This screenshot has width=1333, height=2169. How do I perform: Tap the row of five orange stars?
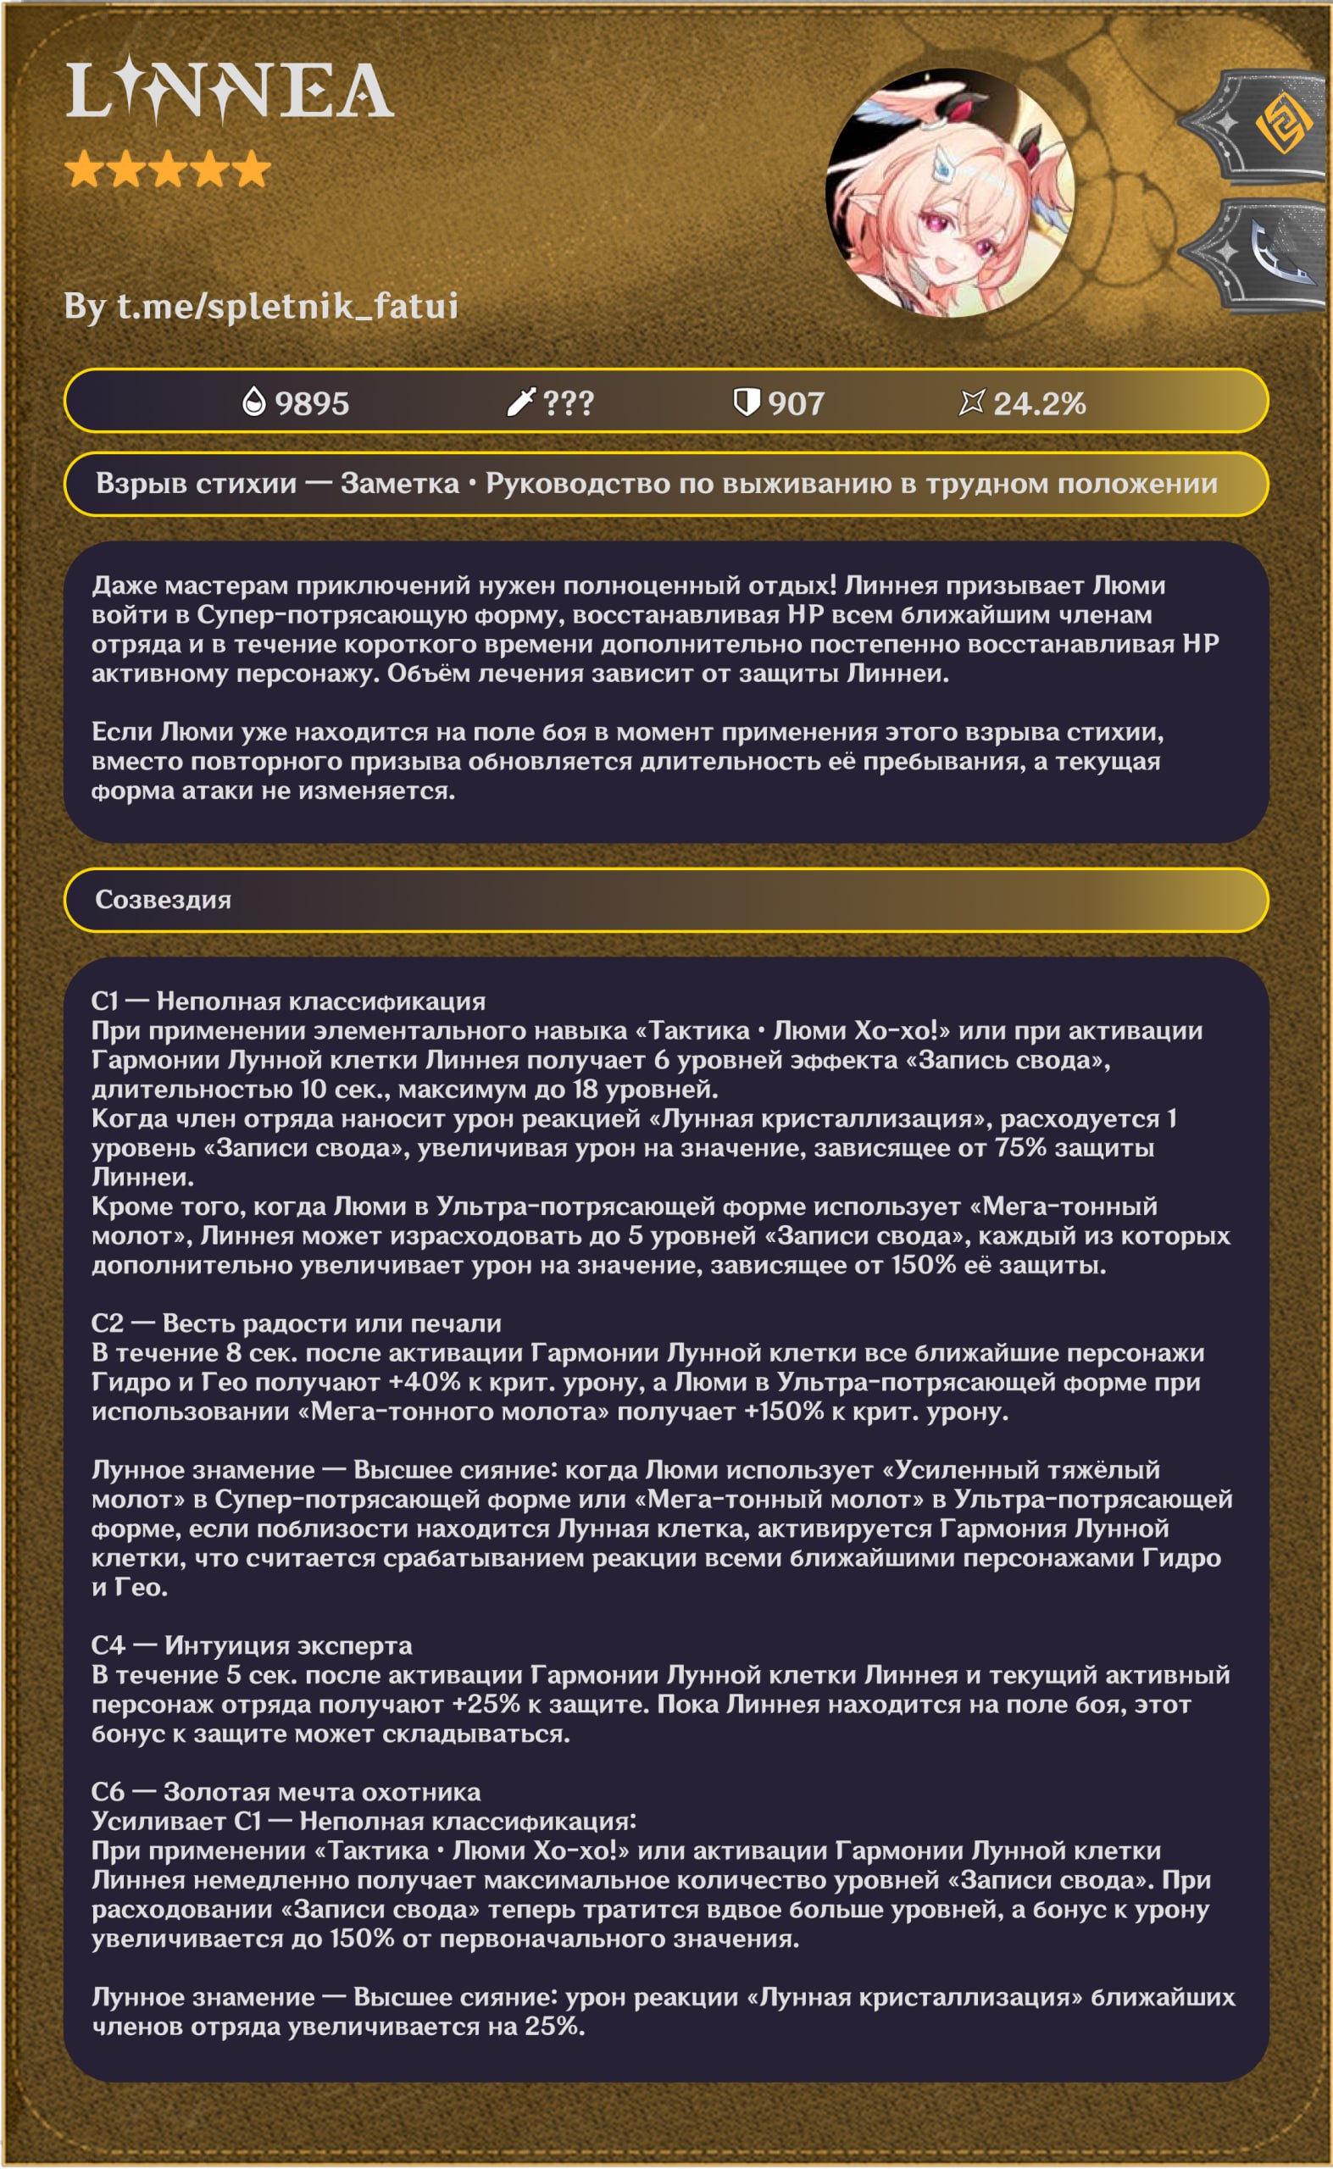[168, 169]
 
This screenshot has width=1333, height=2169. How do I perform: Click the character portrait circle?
[949, 193]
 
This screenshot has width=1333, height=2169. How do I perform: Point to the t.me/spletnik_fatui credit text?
[261, 307]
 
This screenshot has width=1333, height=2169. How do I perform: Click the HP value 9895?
[312, 403]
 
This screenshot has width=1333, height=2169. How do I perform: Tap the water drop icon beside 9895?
[254, 402]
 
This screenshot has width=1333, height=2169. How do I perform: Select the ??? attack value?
[568, 403]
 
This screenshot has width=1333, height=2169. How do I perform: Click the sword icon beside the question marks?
[520, 402]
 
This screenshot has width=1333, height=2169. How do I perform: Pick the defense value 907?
[795, 403]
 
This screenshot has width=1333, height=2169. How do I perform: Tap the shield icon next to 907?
[746, 402]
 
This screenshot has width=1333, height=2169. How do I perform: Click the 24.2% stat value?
[1039, 403]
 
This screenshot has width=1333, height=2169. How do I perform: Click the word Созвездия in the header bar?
[163, 900]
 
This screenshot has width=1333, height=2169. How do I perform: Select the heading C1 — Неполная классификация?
[288, 1001]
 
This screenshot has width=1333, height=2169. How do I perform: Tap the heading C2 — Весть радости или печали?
[297, 1323]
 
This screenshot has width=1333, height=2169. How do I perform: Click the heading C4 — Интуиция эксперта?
[251, 1645]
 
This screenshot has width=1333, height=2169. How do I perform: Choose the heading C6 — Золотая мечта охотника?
[286, 1791]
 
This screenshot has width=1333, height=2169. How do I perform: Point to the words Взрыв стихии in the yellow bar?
[196, 484]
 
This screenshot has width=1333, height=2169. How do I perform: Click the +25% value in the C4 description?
[486, 1704]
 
